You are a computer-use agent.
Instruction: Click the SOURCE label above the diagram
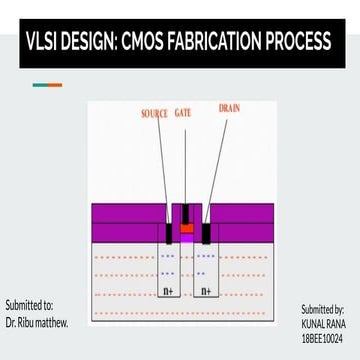click(x=154, y=114)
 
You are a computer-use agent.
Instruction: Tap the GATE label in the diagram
click(x=183, y=114)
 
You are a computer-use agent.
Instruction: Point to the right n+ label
click(x=206, y=291)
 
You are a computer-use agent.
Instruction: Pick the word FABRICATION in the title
click(x=220, y=43)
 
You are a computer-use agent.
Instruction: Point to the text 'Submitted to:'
click(x=30, y=305)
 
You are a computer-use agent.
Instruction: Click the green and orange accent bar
click(x=46, y=85)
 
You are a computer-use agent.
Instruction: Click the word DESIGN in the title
click(x=91, y=43)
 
